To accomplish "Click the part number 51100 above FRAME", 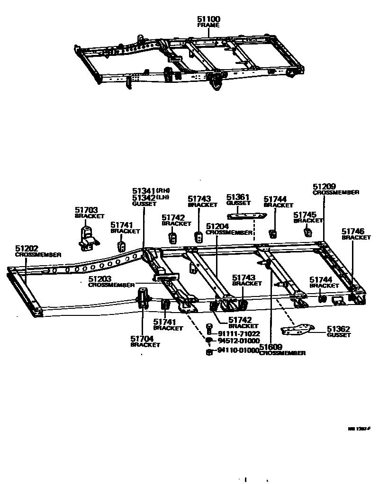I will click(208, 19).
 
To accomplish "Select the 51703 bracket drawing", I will click(87, 236).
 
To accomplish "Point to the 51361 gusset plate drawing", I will click(247, 216).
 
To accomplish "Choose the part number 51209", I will click(324, 186).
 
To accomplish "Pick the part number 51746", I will click(352, 231).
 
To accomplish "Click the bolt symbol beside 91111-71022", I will click(209, 327).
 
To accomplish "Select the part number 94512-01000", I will click(238, 341).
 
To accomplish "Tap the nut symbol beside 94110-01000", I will click(209, 352).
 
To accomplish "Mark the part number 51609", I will click(271, 347).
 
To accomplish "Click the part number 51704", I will click(142, 339).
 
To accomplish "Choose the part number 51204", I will click(217, 227).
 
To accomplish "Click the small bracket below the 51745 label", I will click(307, 232).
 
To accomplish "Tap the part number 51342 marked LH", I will click(143, 197).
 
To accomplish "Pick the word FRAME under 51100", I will click(208, 25).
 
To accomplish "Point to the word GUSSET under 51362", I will click(339, 335).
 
